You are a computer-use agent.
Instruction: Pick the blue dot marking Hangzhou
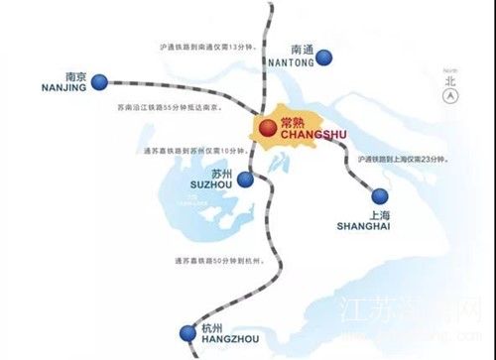[x=185, y=332]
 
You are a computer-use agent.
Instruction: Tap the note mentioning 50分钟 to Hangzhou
[x=213, y=260]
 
